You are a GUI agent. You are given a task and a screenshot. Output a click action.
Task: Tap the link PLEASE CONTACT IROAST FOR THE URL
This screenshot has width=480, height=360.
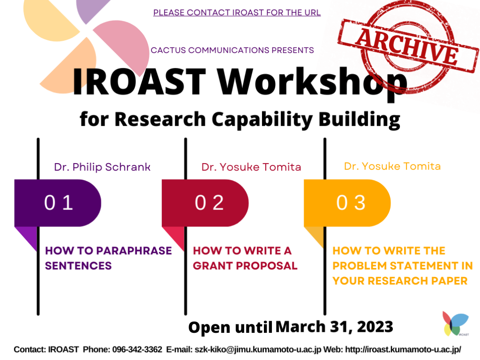click(x=237, y=13)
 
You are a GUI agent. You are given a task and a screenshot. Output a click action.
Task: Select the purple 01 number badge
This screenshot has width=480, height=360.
click(x=58, y=202)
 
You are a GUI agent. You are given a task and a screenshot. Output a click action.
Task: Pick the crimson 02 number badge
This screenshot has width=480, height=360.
click(x=205, y=202)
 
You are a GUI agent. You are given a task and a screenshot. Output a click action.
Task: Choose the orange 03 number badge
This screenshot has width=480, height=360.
click(x=347, y=202)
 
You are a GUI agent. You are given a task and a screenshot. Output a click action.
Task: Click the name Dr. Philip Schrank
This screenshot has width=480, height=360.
click(x=102, y=167)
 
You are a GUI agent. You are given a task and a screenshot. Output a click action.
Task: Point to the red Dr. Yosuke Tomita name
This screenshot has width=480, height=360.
click(x=251, y=167)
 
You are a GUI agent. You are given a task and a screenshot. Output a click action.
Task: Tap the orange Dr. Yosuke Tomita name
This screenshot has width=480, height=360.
click(x=392, y=166)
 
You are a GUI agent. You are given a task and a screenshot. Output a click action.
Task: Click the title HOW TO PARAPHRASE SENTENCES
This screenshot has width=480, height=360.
click(x=108, y=258)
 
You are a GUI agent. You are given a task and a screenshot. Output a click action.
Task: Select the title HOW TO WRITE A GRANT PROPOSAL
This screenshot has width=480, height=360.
click(x=245, y=258)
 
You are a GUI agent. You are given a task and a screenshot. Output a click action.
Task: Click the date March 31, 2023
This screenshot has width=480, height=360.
click(x=334, y=327)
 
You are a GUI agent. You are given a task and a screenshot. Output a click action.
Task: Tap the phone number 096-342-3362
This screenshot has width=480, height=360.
click(x=137, y=349)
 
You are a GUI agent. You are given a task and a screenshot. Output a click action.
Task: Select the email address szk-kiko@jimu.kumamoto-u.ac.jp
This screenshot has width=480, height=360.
click(x=258, y=349)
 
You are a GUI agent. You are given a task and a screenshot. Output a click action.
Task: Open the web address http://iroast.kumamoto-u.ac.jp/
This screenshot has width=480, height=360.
click(x=403, y=349)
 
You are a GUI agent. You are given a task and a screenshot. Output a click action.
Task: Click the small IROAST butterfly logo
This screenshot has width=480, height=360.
click(x=455, y=324)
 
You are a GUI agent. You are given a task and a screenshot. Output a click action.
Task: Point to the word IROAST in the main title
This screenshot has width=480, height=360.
click(x=139, y=82)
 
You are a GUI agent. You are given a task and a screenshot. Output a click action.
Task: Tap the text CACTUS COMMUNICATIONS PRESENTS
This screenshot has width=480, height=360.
click(x=232, y=50)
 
